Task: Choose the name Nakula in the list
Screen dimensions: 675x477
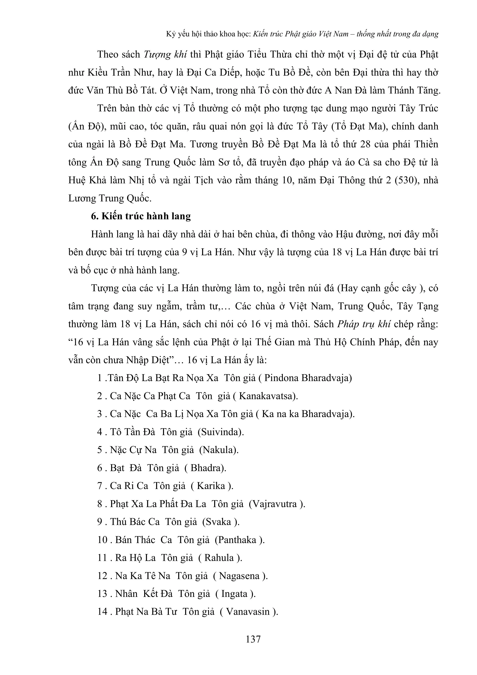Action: point(219,450)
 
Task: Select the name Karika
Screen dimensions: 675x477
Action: point(211,486)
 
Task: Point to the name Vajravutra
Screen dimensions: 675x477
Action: point(275,504)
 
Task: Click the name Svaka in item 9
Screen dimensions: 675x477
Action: point(219,522)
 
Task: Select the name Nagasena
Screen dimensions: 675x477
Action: point(239,576)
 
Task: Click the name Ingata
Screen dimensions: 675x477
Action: point(234,594)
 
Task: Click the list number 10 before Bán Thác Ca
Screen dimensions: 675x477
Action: point(102,540)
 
